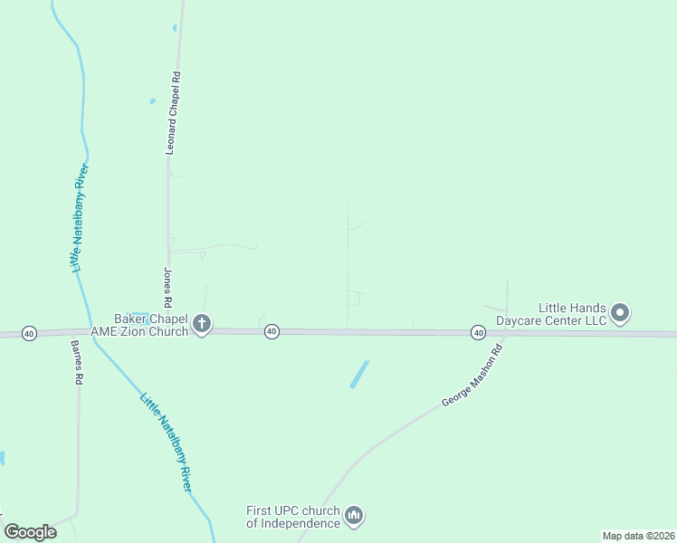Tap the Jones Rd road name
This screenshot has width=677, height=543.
(167, 285)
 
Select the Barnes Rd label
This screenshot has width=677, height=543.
(77, 361)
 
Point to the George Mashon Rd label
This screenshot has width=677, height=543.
(471, 375)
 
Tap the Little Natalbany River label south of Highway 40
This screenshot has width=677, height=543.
(167, 442)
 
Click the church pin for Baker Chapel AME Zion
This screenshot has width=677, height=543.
(202, 323)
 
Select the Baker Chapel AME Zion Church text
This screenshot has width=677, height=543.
(150, 325)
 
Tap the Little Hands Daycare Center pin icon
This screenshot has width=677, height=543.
(620, 313)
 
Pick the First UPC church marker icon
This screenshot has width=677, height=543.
(354, 516)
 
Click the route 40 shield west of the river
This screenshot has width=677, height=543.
(29, 333)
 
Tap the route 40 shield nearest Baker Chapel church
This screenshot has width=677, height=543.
(272, 332)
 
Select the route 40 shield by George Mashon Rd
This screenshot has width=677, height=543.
(478, 333)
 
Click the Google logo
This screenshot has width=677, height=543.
(31, 531)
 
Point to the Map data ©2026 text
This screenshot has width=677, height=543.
(637, 536)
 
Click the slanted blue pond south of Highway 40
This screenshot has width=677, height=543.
(359, 375)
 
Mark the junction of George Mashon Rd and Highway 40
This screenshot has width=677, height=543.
(505, 333)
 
